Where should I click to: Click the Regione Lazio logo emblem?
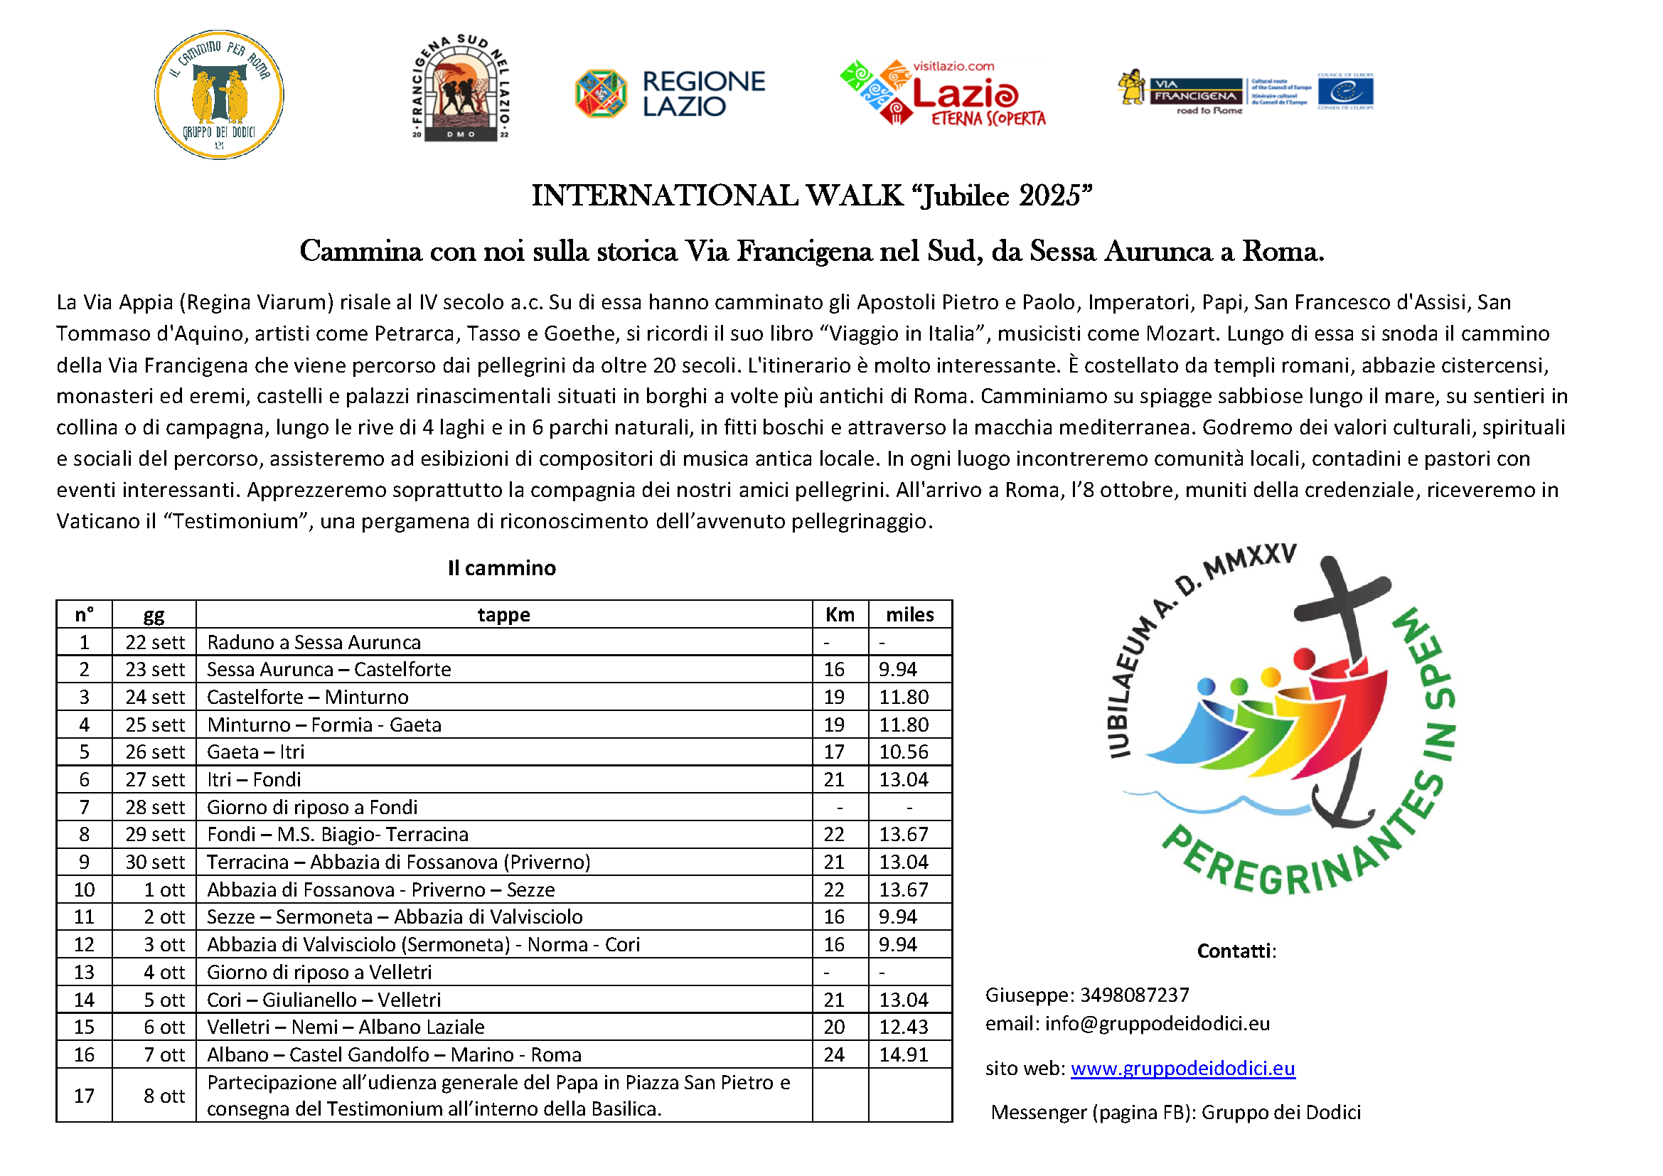click(x=601, y=93)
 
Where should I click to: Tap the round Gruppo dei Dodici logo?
click(x=220, y=95)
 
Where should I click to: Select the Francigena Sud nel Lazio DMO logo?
click(x=461, y=88)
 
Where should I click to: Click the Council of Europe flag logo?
click(x=1345, y=92)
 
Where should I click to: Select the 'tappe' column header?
click(x=503, y=615)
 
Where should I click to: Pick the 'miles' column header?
click(x=910, y=615)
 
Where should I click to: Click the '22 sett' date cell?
click(x=155, y=642)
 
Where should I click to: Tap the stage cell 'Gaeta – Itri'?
click(x=256, y=752)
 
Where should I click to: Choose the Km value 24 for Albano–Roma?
click(x=834, y=1054)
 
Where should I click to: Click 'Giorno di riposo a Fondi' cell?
click(x=312, y=807)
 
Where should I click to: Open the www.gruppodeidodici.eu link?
click(x=1182, y=1068)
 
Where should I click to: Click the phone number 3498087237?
click(x=1134, y=995)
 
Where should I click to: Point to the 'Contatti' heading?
click(x=1236, y=951)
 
